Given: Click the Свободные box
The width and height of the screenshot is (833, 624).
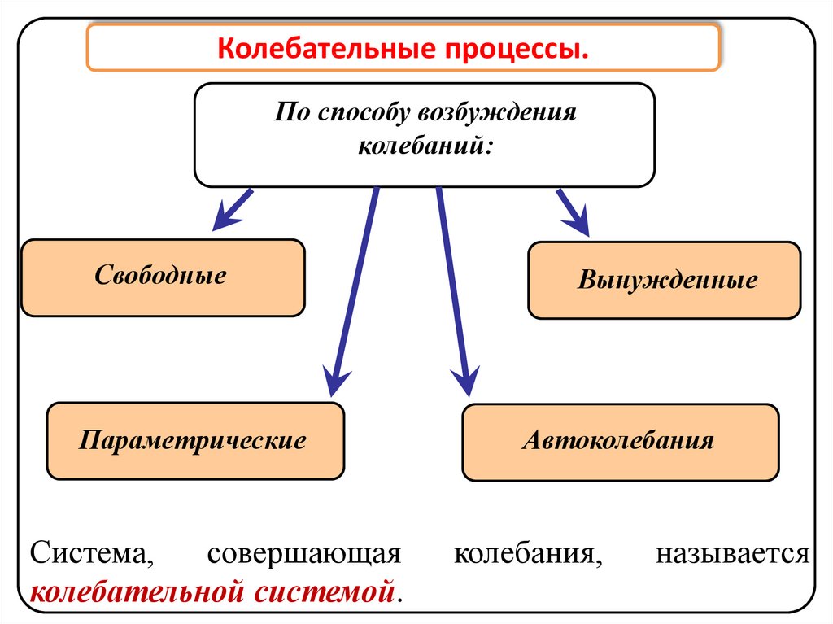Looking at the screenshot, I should (x=163, y=277).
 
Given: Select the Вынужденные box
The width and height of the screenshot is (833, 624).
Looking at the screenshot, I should (x=665, y=281).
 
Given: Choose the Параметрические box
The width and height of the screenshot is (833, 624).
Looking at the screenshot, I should (x=195, y=441).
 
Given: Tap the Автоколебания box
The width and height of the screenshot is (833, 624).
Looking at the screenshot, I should (x=620, y=441).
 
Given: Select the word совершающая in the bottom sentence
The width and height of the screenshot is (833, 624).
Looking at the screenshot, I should (x=305, y=555).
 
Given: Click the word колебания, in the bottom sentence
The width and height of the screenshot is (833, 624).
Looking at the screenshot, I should (x=533, y=555).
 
